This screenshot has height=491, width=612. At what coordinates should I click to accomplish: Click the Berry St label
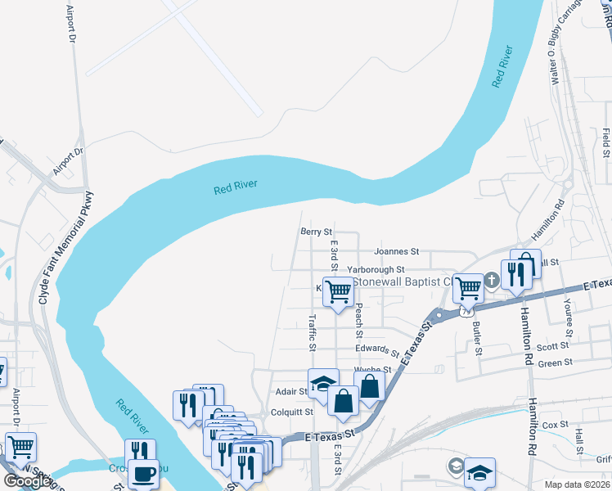(x=316, y=232)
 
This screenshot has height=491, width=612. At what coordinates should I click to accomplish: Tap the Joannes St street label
(x=396, y=252)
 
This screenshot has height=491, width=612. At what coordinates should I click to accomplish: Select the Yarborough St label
(x=376, y=269)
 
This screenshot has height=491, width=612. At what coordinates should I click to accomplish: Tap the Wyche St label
(x=372, y=370)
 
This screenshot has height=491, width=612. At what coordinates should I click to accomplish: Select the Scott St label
(x=553, y=347)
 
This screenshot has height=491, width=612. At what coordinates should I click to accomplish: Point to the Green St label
(x=555, y=362)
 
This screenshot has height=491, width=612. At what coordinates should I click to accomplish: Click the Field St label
(x=605, y=142)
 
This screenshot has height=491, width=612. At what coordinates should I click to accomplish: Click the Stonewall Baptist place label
(x=403, y=282)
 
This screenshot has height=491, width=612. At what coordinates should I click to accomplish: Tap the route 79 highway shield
(x=466, y=312)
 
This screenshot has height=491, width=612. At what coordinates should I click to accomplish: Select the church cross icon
(x=492, y=280)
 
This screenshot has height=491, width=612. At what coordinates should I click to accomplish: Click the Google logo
(x=26, y=481)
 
